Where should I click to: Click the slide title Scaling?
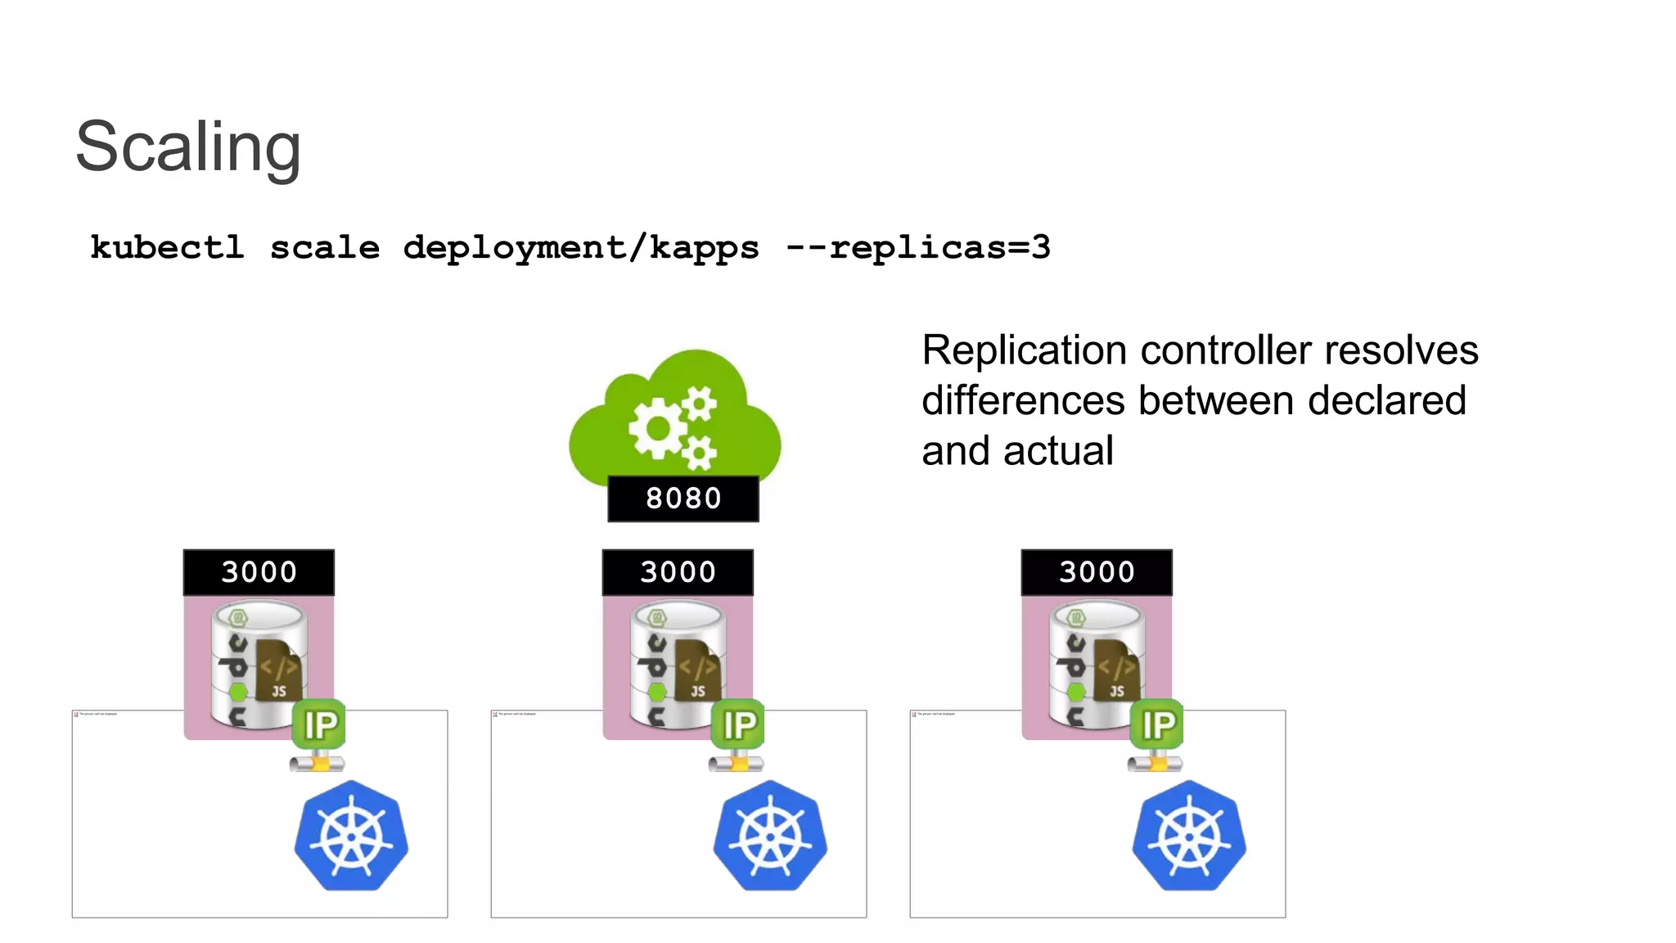[x=188, y=147]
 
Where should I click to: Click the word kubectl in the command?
[x=167, y=247]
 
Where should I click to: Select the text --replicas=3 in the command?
[x=917, y=247]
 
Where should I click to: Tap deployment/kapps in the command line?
[x=581, y=247]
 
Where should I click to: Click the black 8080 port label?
[x=683, y=498]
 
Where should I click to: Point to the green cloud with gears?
[x=675, y=417]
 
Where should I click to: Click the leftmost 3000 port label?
[x=259, y=571]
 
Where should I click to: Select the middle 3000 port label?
[x=678, y=571]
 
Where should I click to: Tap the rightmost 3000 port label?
[x=1097, y=571]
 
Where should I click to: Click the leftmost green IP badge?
[x=319, y=724]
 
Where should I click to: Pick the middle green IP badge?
[x=738, y=724]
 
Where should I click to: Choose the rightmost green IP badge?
[x=1157, y=724]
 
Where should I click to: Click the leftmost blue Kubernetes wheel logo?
[x=351, y=836]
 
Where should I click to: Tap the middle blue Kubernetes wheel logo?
[x=770, y=836]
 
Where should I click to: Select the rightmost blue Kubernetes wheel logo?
[x=1189, y=836]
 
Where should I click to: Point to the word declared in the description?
[x=1386, y=401]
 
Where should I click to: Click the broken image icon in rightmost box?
[x=914, y=715]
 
